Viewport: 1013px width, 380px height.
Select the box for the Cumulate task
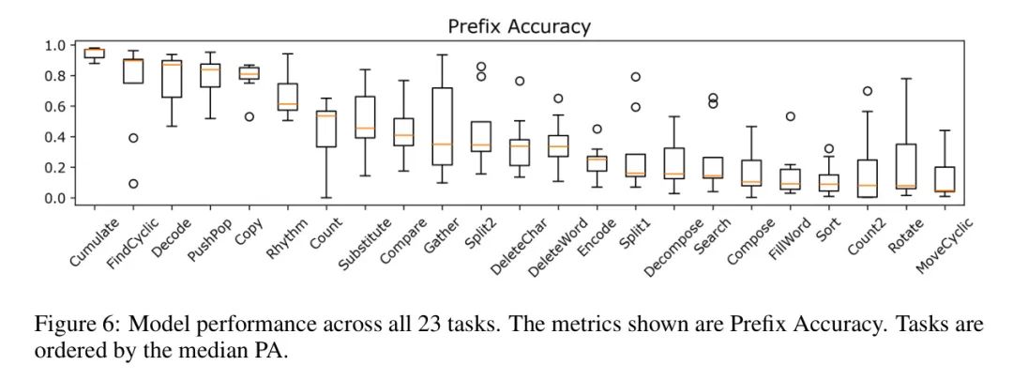tap(95, 53)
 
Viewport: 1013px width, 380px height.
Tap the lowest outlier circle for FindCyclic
tap(133, 183)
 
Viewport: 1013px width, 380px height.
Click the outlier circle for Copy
tap(249, 116)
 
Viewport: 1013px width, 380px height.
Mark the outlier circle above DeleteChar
tap(519, 81)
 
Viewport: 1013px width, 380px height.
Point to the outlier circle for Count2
tap(867, 91)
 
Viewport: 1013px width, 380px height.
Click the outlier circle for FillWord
tap(790, 116)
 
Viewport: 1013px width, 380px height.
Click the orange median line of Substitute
tap(365, 129)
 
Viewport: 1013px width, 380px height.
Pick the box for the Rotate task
tap(905, 166)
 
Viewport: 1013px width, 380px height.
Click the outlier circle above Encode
tap(596, 129)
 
